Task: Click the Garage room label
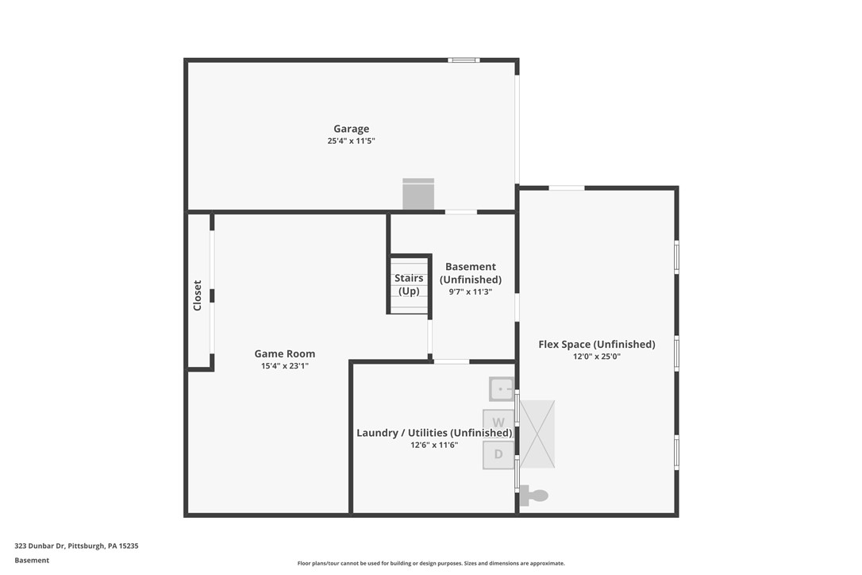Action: point(351,129)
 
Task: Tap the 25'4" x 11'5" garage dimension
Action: point(351,141)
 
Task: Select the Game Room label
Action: point(284,354)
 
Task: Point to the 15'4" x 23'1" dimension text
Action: point(284,366)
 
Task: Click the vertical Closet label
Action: point(198,295)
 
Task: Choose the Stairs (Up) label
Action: point(409,284)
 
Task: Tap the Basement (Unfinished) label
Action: point(471,273)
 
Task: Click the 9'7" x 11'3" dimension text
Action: point(471,291)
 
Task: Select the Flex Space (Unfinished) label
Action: point(597,345)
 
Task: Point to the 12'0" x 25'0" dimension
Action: point(597,357)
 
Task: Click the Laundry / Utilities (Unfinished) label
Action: point(434,433)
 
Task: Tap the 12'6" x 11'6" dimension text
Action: point(434,446)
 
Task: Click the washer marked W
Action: point(498,422)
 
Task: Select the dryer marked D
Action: point(498,454)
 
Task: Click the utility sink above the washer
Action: point(502,389)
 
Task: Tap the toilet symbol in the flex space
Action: point(536,496)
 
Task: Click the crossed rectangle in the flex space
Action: point(537,434)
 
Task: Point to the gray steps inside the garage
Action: point(418,194)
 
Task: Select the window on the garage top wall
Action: point(464,60)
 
